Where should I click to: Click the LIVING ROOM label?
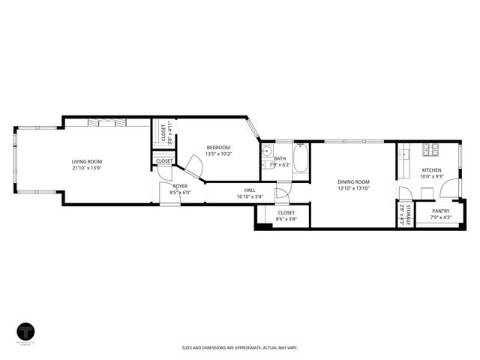pyautogui.click(x=87, y=161)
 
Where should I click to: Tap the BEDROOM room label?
pyautogui.click(x=218, y=147)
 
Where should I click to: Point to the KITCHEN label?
pyautogui.click(x=431, y=170)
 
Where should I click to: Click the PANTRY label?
pyautogui.click(x=441, y=211)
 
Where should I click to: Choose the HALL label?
pyautogui.click(x=250, y=190)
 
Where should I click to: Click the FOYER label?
pyautogui.click(x=181, y=185)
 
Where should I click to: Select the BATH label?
pyautogui.click(x=280, y=158)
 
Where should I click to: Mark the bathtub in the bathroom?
pyautogui.click(x=301, y=160)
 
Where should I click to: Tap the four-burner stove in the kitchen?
pyautogui.click(x=431, y=150)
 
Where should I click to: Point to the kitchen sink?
pyautogui.click(x=404, y=155)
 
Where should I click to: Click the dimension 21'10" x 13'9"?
pyautogui.click(x=87, y=168)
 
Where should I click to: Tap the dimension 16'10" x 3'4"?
pyautogui.click(x=250, y=196)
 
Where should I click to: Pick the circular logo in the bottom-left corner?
pyautogui.click(x=27, y=331)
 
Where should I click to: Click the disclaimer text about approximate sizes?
pyautogui.click(x=239, y=348)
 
